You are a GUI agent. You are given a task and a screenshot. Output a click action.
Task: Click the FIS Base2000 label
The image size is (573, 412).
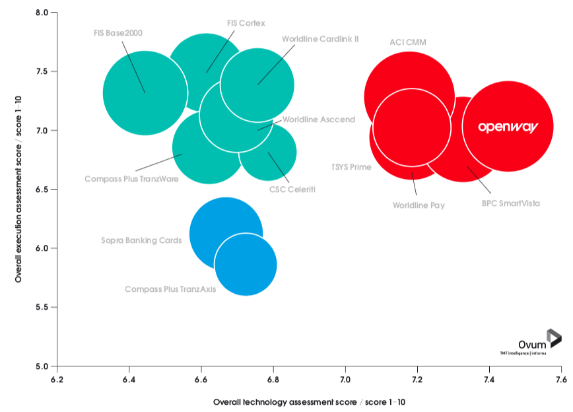(118, 32)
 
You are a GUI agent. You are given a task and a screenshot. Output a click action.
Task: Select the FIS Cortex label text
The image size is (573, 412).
(246, 23)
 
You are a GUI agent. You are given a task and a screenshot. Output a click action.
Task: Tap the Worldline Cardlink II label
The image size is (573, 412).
(320, 39)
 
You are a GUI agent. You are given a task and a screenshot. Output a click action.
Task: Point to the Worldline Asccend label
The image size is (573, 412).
(319, 120)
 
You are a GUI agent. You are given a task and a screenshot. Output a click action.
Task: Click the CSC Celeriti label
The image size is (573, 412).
(292, 189)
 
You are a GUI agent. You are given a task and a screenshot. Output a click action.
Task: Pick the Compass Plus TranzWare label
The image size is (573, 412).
(131, 179)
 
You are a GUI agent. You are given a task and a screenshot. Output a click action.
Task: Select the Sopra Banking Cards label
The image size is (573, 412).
(141, 240)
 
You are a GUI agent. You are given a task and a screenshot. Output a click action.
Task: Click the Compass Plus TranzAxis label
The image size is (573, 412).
(170, 289)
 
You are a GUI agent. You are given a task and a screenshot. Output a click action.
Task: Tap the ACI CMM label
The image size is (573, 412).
(408, 42)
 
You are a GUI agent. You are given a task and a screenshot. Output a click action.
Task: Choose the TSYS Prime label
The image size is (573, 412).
(351, 167)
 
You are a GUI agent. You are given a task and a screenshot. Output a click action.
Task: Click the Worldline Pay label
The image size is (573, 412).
(419, 205)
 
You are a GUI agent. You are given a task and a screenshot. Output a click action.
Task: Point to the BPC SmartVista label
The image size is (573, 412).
(510, 203)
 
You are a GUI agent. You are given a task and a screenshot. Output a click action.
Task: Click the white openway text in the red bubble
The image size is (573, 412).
(507, 126)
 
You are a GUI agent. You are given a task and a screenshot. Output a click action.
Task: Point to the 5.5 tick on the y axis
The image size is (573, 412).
(44, 307)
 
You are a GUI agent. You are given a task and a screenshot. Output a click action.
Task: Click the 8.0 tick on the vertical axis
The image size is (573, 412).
(44, 13)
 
